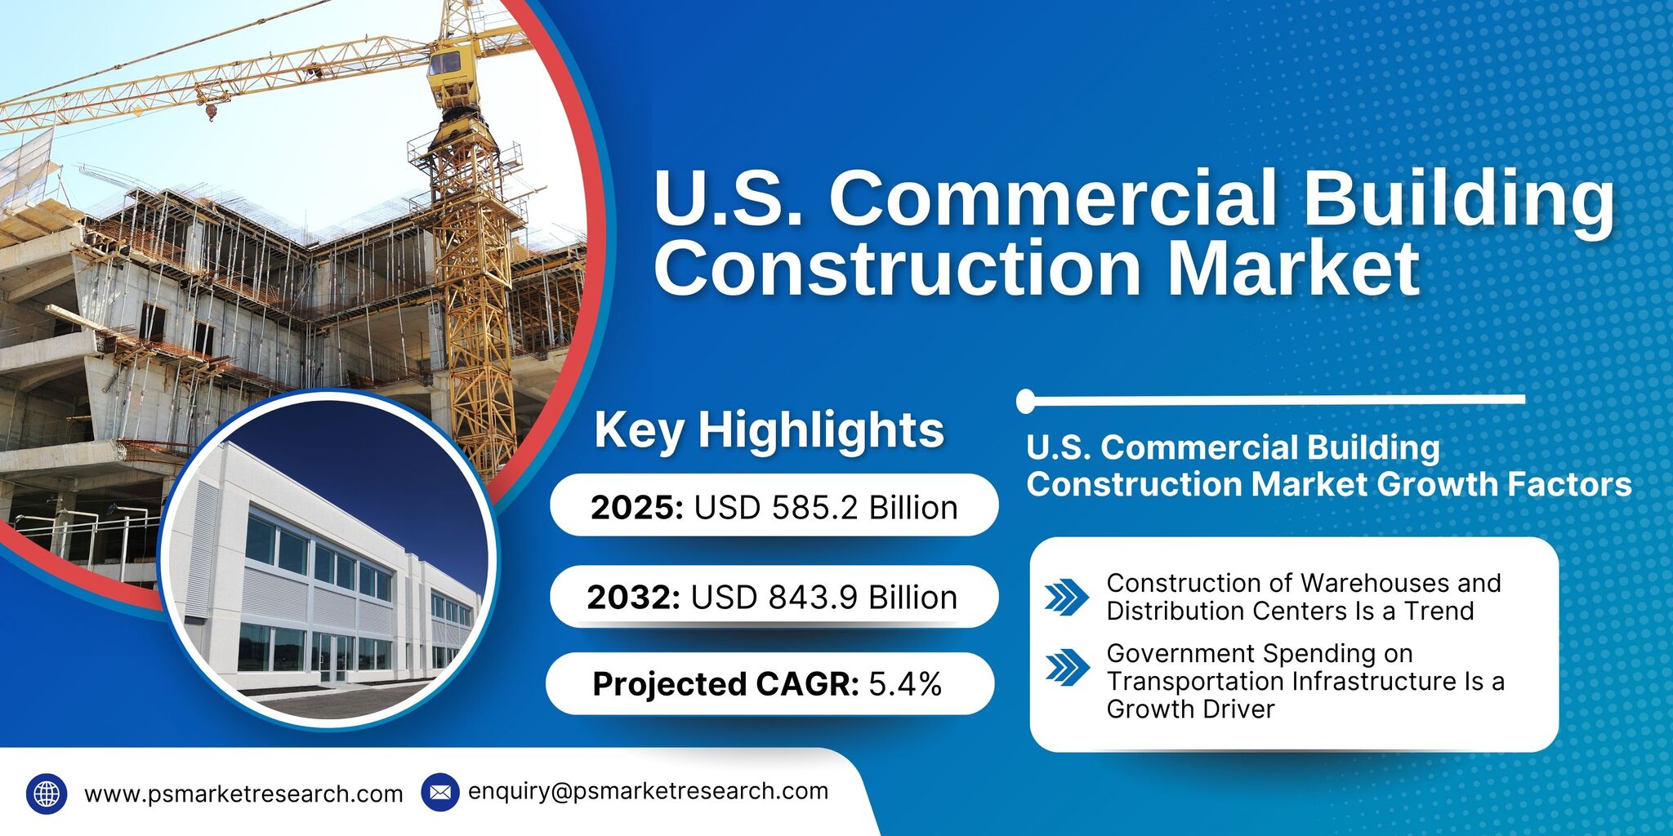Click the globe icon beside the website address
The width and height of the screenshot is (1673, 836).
(47, 794)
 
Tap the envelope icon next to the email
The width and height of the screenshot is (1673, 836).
(440, 792)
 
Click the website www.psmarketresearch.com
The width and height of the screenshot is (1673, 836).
(243, 794)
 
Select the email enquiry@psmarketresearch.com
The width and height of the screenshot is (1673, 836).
(648, 791)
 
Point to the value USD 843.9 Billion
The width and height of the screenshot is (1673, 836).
(823, 598)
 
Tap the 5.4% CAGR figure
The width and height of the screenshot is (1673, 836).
(904, 684)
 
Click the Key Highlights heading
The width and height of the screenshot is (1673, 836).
(769, 429)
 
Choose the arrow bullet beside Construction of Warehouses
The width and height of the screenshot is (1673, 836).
(1066, 597)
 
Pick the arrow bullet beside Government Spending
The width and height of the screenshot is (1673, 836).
(1066, 667)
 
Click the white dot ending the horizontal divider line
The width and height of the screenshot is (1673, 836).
(1026, 401)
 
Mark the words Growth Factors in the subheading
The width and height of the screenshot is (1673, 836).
(1504, 484)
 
